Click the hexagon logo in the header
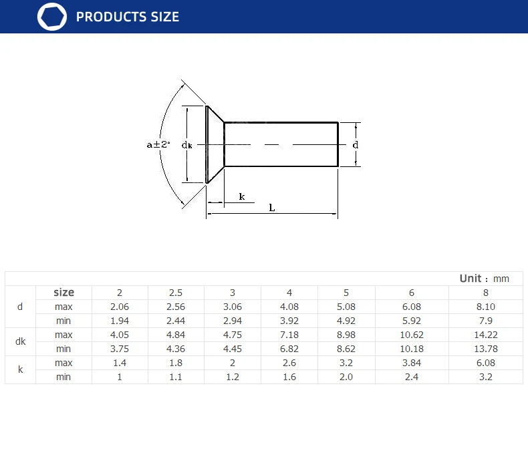52,17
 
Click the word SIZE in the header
164,17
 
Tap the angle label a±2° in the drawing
158,145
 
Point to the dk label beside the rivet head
187,145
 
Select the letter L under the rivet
272,208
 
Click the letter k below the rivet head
242,196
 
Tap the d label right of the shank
356,145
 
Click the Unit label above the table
471,279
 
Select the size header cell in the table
63,292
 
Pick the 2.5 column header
176,293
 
